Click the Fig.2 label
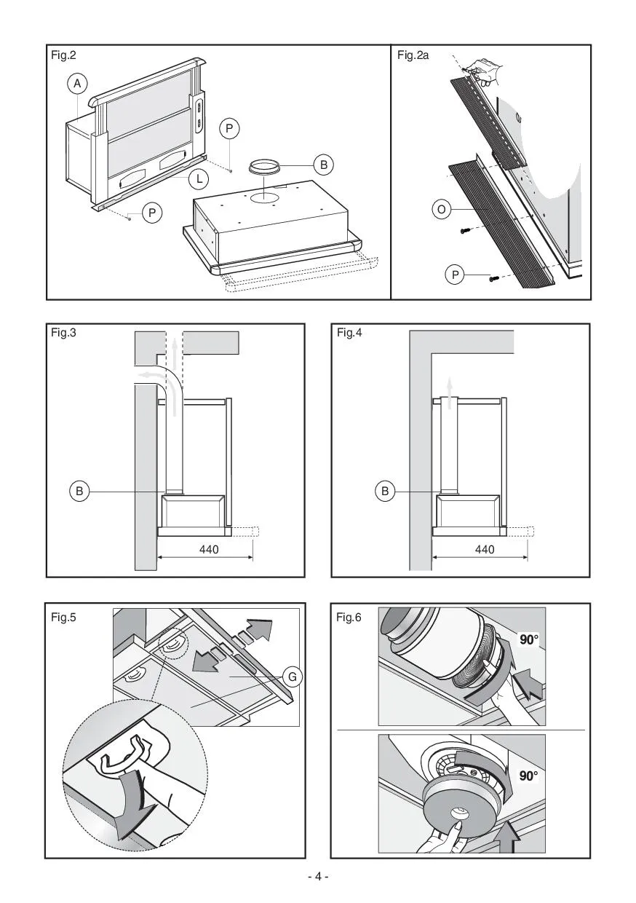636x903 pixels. pos(63,55)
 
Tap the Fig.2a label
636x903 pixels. pos(413,55)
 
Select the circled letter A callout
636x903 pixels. pos(77,84)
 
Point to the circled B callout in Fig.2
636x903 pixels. pos(325,165)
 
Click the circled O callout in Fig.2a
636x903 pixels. pos(441,210)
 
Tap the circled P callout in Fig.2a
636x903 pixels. pos(455,275)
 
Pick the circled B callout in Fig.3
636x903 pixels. pos(80,492)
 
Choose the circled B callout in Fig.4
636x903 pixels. pos(386,492)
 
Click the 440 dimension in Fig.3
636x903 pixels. pos(209,550)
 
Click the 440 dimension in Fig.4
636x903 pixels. pos(484,550)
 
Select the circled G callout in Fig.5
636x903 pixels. pos(293,678)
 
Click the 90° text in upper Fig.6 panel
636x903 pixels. pos(529,639)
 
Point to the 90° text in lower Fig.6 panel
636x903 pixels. pos(529,776)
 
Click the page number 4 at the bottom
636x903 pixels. pos(318,876)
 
